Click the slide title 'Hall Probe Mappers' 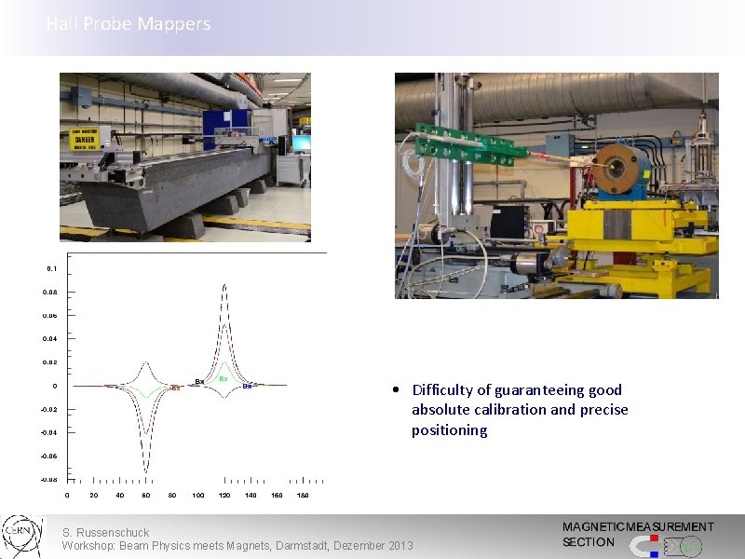pos(129,24)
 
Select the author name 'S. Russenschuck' pos(105,533)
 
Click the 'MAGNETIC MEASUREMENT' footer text pos(638,527)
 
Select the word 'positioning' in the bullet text pos(449,430)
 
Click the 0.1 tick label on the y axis pos(51,268)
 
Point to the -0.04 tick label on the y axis pos(48,433)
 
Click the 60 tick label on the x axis pos(146,495)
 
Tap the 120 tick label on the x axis pos(224,495)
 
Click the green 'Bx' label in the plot pos(223,379)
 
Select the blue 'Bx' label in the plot pos(247,387)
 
